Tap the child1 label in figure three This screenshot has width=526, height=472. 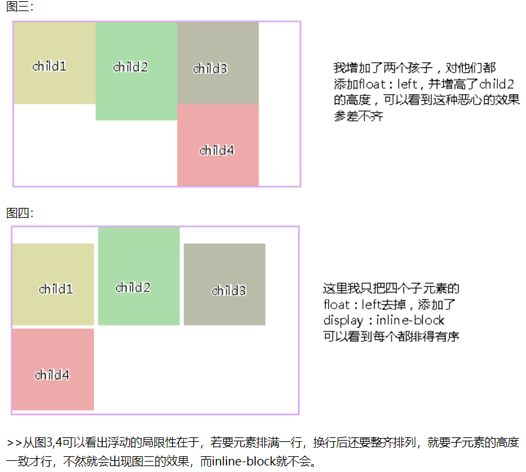pyautogui.click(x=50, y=66)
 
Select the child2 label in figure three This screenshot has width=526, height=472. pyautogui.click(x=131, y=67)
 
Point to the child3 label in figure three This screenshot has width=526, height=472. pyautogui.click(x=210, y=69)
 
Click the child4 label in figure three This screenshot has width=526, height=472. pyautogui.click(x=217, y=150)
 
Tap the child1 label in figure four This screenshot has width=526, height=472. pyautogui.click(x=56, y=289)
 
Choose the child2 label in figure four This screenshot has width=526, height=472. pyautogui.click(x=133, y=288)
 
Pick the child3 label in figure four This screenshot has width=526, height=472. pyautogui.click(x=229, y=291)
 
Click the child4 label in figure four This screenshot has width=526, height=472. pyautogui.click(x=52, y=375)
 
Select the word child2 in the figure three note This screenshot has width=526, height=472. pyautogui.click(x=497, y=84)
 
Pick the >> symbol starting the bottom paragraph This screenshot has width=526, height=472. pyautogui.click(x=14, y=443)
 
